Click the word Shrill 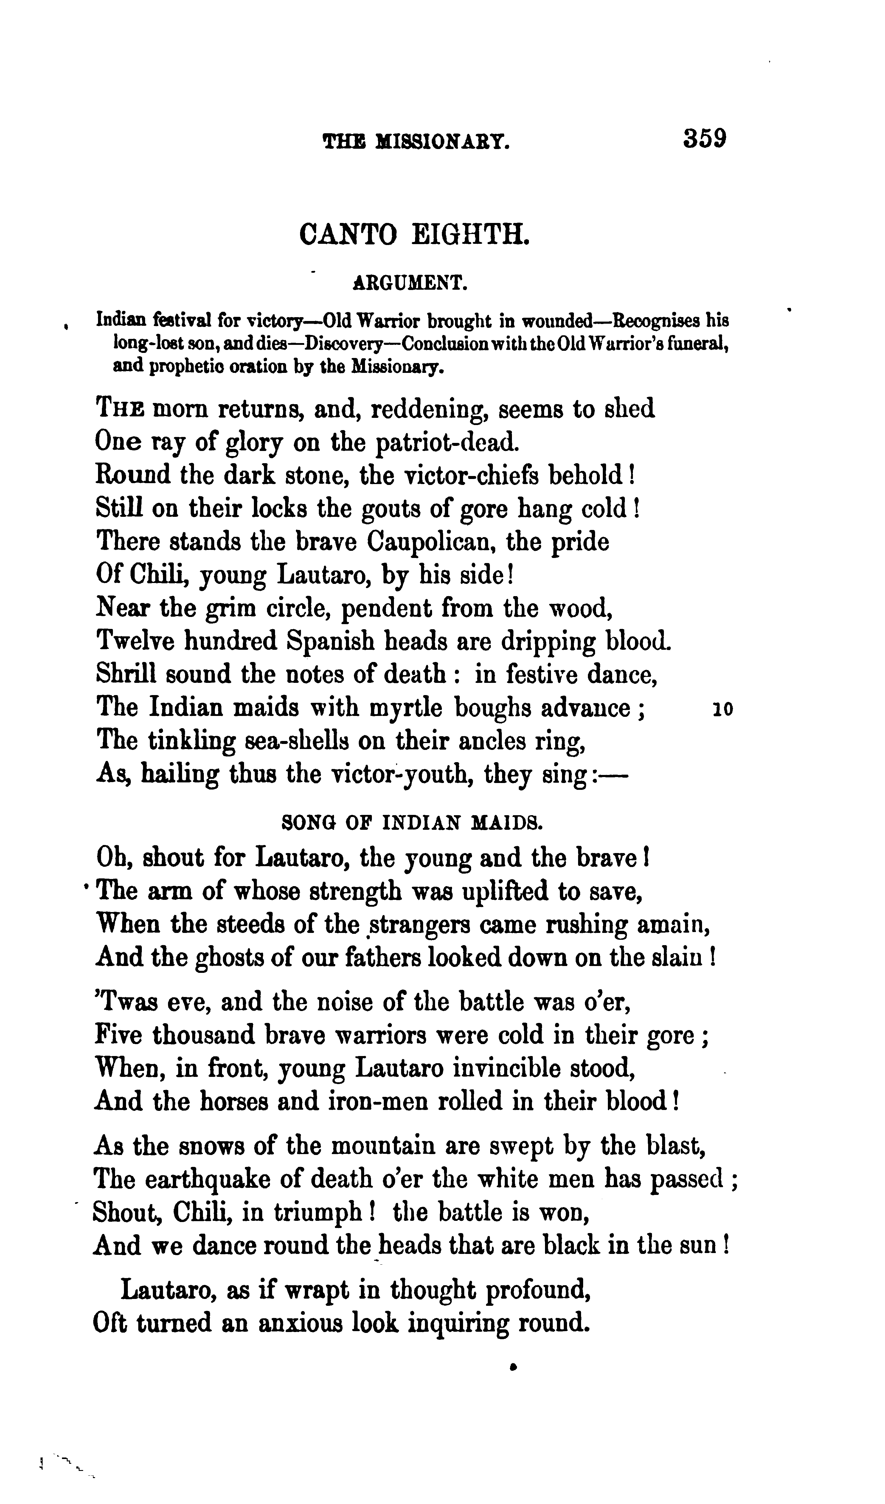coord(126,675)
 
